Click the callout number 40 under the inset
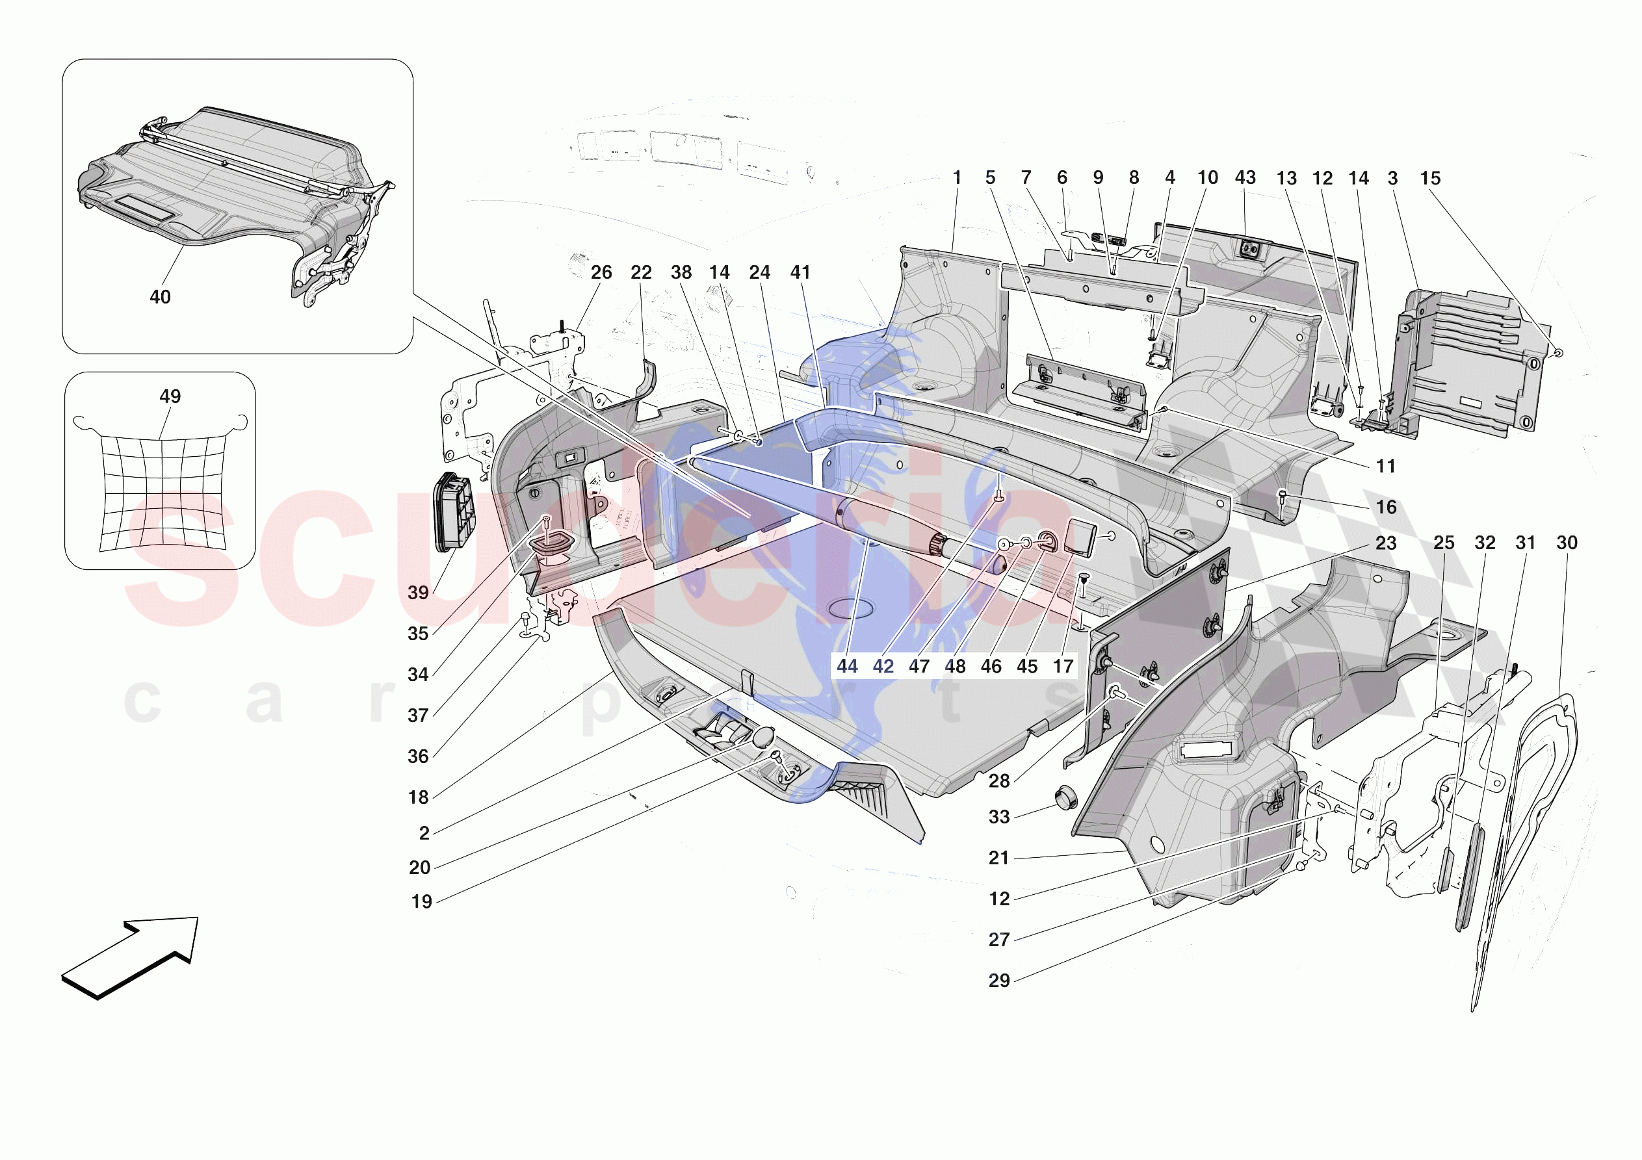pos(159,297)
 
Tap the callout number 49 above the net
pos(170,396)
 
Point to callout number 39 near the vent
pos(419,592)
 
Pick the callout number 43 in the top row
pos(1245,177)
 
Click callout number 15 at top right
pos(1430,178)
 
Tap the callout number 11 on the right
pos(1386,467)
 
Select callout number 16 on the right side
pos(1386,507)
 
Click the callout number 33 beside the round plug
pos(999,817)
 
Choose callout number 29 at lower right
pos(999,981)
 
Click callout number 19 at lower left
pos(422,902)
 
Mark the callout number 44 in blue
pos(848,667)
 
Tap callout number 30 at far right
pos(1567,543)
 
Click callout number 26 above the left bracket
pos(601,272)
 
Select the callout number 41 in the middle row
pos(800,272)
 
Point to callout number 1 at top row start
pos(957,177)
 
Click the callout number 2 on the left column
pos(424,833)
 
